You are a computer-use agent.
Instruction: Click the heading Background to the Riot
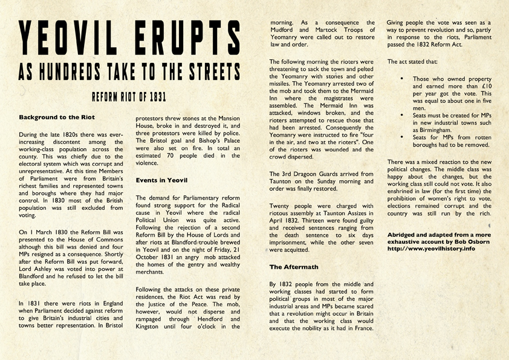[56, 117]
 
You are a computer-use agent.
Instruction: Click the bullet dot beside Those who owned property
[403, 79]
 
